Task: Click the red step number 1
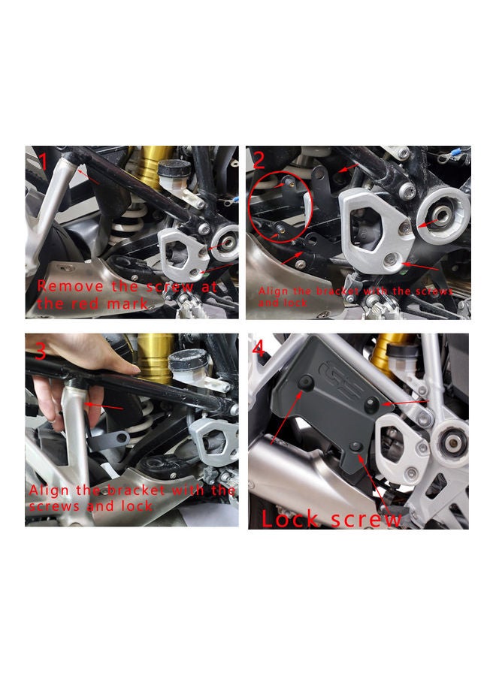[x=43, y=161]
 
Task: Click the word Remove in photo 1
[x=63, y=286]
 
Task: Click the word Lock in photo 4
[x=292, y=519]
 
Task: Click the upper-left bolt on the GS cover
[x=305, y=384]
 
